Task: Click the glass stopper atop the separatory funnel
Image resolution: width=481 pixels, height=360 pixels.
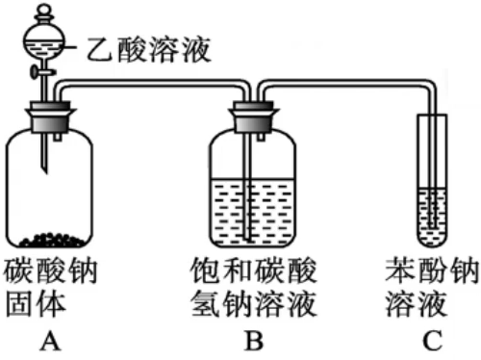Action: click(43, 13)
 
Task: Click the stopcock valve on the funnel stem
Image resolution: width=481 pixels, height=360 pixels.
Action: click(41, 72)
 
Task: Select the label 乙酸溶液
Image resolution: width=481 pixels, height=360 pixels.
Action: click(148, 49)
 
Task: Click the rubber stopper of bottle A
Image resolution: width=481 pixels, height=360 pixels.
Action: click(51, 117)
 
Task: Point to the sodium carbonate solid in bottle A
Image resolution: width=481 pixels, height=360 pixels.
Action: click(52, 240)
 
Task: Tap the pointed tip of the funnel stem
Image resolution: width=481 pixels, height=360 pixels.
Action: click(45, 172)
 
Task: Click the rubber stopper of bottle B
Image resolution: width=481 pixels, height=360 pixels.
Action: click(253, 117)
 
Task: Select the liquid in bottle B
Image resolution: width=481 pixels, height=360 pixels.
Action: click(253, 212)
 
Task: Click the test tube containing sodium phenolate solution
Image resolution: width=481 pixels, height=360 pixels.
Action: click(432, 180)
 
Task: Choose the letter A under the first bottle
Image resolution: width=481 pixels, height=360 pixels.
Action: click(50, 341)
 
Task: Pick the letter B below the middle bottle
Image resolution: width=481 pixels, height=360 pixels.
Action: click(254, 341)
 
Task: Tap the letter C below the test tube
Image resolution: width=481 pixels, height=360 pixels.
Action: click(433, 341)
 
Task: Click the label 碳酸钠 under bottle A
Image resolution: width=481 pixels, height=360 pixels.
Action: click(50, 271)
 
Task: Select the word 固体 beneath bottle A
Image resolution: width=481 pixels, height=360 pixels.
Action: click(36, 304)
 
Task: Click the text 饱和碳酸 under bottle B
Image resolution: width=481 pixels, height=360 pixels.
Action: click(253, 271)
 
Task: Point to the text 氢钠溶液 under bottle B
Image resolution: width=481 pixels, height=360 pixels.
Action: click(253, 304)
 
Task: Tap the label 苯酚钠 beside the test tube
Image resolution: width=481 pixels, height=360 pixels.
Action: click(432, 271)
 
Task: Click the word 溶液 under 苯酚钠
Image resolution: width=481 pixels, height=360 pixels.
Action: click(417, 304)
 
